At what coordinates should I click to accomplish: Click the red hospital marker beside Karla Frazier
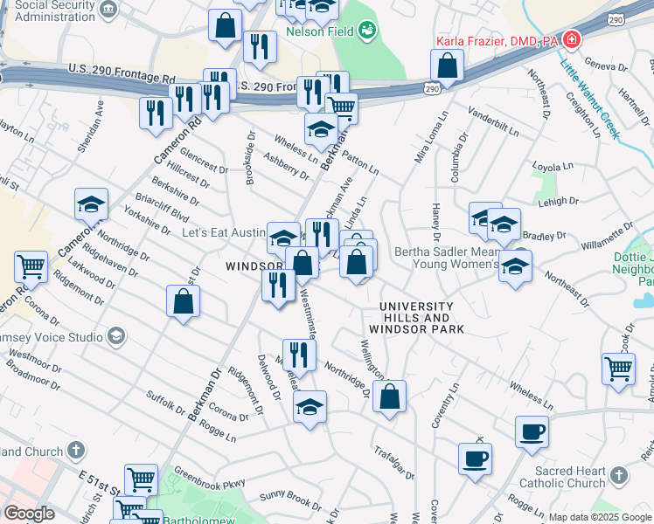pyautogui.click(x=572, y=39)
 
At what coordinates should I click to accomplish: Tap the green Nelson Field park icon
pyautogui.click(x=367, y=31)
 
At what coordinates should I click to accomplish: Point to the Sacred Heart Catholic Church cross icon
pyautogui.click(x=619, y=475)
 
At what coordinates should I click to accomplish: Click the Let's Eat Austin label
pyautogui.click(x=223, y=233)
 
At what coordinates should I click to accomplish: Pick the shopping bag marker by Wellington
pyautogui.click(x=389, y=396)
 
